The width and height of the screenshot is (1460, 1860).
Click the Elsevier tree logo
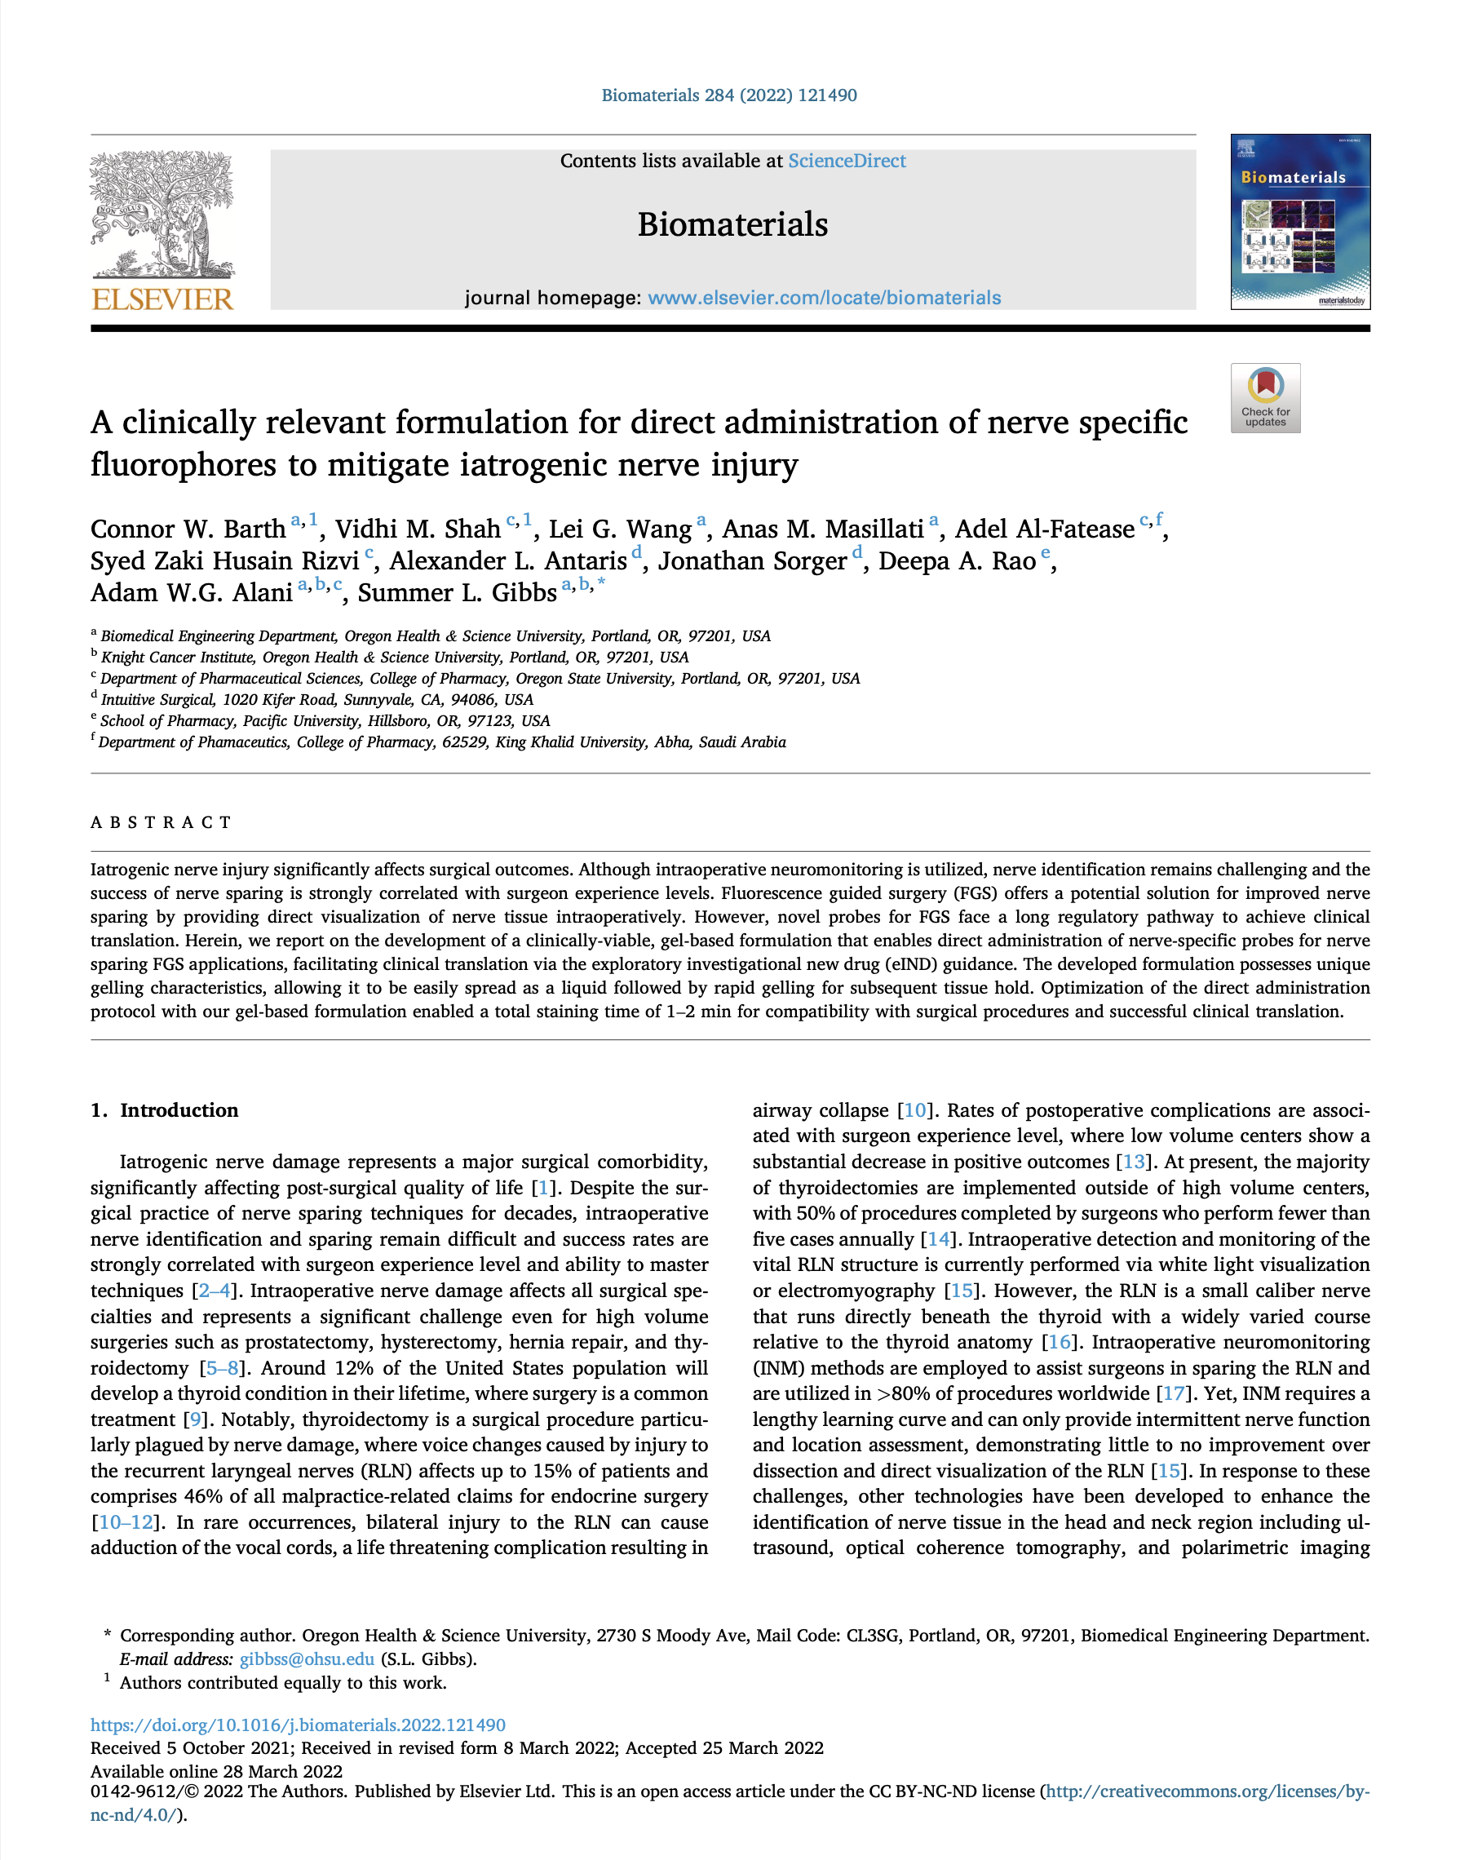click(x=161, y=214)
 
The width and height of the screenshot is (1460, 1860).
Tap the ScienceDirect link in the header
click(x=847, y=161)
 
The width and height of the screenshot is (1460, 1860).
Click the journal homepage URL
click(x=824, y=298)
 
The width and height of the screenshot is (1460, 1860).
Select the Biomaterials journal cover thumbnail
click(x=1299, y=221)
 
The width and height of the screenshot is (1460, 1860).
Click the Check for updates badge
click(x=1265, y=398)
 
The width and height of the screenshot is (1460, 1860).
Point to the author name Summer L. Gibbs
click(x=457, y=592)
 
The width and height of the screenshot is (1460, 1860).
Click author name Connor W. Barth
click(x=188, y=529)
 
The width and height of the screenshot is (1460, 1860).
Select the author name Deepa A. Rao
click(x=957, y=560)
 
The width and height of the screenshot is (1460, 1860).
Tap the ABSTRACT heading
click(x=161, y=822)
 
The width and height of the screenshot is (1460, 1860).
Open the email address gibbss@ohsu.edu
click(x=307, y=1659)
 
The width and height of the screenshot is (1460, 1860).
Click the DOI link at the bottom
click(x=299, y=1725)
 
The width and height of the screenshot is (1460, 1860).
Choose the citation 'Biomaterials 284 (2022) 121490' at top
click(x=729, y=95)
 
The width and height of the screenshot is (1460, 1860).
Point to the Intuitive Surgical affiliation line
click(x=316, y=699)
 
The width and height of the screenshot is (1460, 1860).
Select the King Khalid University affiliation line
click(x=442, y=742)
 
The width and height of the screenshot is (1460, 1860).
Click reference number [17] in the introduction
click(x=1174, y=1393)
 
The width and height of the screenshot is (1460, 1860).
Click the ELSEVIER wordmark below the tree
click(x=161, y=299)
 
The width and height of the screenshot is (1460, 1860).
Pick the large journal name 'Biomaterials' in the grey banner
click(x=732, y=224)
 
